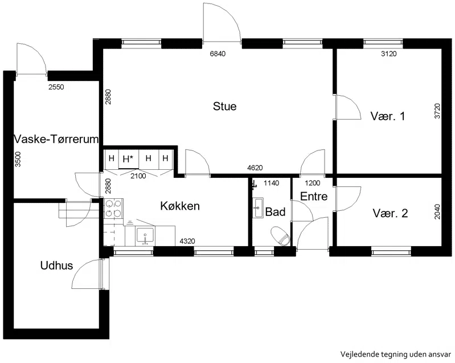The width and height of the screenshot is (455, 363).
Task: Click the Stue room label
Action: (224, 107)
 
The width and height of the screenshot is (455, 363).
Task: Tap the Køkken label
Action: (180, 206)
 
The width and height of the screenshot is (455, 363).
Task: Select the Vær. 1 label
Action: (387, 116)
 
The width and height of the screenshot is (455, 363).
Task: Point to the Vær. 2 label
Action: (390, 214)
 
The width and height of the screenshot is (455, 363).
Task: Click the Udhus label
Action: (56, 266)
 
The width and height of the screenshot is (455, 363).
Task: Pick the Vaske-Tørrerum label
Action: (56, 140)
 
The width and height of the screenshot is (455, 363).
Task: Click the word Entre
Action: (314, 196)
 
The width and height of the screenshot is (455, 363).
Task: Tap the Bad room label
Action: (276, 212)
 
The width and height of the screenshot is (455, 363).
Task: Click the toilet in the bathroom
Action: (280, 236)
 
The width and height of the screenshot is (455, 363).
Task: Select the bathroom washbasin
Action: (257, 207)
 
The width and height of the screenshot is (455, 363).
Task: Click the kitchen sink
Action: (145, 236)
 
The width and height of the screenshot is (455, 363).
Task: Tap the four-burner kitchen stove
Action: (113, 208)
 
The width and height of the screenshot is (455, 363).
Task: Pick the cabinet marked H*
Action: (129, 159)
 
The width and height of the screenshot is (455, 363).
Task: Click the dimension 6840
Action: (218, 54)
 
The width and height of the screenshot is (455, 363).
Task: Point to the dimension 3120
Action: (388, 54)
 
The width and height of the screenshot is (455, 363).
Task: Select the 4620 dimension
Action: (255, 168)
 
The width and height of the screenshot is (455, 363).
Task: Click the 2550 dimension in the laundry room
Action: (56, 87)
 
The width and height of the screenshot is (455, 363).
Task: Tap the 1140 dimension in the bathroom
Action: (271, 183)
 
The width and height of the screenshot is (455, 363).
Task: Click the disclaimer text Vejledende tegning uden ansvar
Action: (396, 354)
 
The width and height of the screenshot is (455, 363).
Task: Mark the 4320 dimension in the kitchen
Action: (187, 241)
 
